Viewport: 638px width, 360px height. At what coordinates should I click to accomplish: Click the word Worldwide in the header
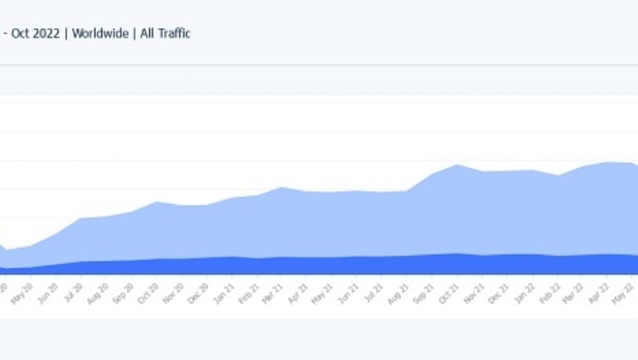[x=99, y=33]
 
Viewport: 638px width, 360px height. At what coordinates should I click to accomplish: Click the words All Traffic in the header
[x=164, y=33]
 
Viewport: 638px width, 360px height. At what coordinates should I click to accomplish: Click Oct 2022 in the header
[x=36, y=33]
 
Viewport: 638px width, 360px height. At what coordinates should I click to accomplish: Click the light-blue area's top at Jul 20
[x=82, y=218]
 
